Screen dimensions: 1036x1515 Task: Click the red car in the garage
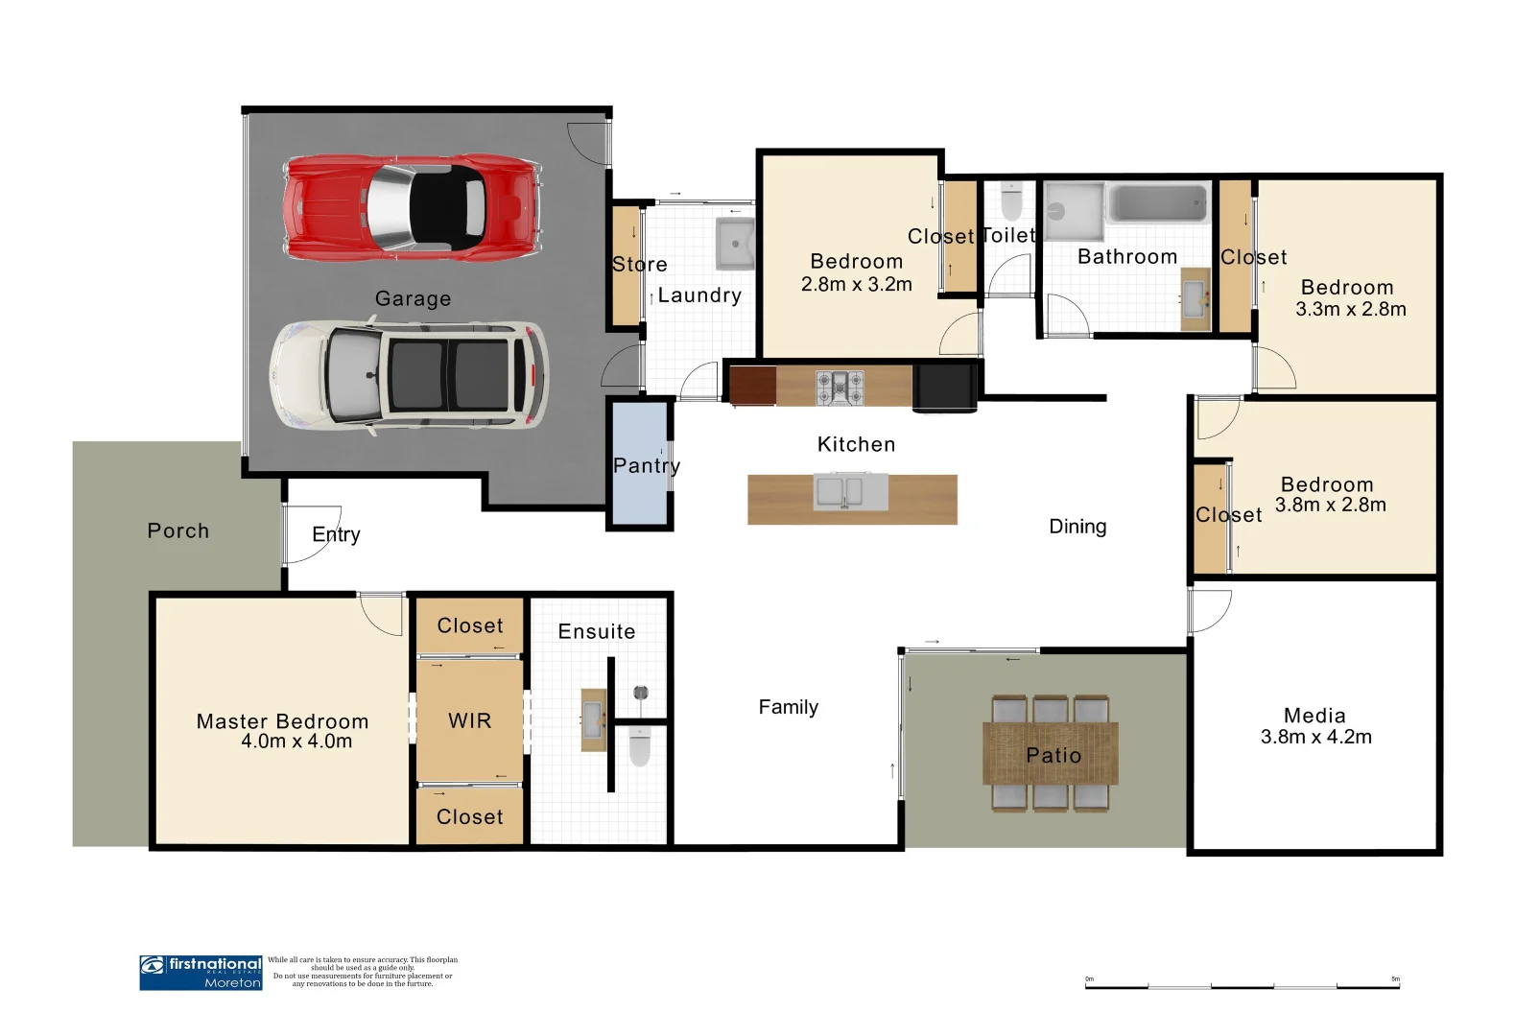pyautogui.click(x=411, y=207)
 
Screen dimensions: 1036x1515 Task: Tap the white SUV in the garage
pyautogui.click(x=409, y=374)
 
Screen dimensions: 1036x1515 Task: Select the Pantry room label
pyautogui.click(x=646, y=466)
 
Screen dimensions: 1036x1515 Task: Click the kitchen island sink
pyautogui.click(x=850, y=491)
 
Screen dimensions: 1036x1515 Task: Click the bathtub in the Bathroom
pyautogui.click(x=1157, y=205)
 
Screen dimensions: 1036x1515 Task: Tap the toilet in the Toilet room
pyautogui.click(x=1011, y=201)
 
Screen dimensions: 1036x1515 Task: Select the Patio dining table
pyautogui.click(x=1050, y=754)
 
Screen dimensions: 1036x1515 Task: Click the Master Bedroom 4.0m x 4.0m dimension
pyautogui.click(x=296, y=742)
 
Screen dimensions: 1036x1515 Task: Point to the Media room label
pyautogui.click(x=1314, y=716)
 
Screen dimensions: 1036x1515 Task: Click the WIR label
pyautogui.click(x=469, y=720)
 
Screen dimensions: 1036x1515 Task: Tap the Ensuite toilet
pyautogui.click(x=640, y=745)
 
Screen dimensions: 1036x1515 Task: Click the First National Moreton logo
pyautogui.click(x=201, y=972)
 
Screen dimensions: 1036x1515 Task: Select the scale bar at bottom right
pyautogui.click(x=1242, y=984)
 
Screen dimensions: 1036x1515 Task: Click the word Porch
pyautogui.click(x=178, y=530)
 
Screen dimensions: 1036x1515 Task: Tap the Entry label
pyautogui.click(x=336, y=534)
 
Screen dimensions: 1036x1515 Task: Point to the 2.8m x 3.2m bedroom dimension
pyautogui.click(x=856, y=284)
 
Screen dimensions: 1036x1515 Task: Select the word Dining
pyautogui.click(x=1077, y=527)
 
